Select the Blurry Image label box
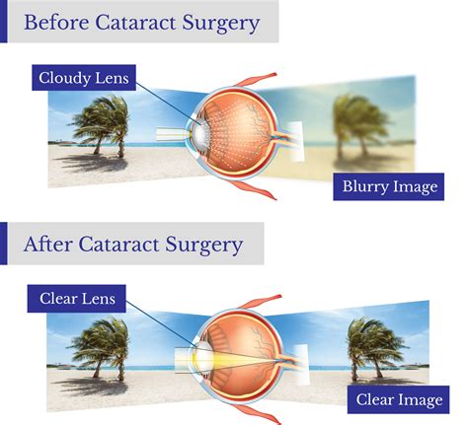(x=389, y=186)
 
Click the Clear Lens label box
(x=78, y=298)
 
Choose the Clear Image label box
(x=397, y=399)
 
